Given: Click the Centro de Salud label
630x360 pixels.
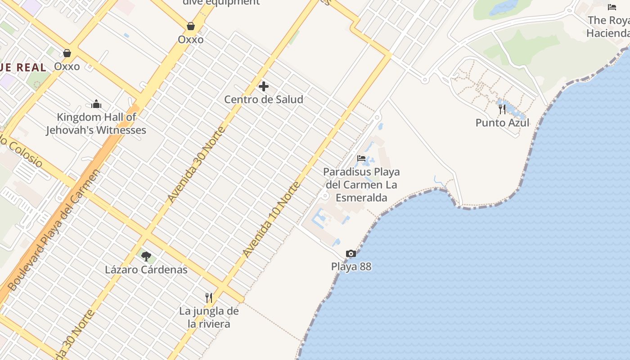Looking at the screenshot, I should pos(264,99).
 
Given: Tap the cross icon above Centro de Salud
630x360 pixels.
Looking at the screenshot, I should pos(264,86).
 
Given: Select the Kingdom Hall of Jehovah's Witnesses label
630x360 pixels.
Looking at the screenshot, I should pos(96,124).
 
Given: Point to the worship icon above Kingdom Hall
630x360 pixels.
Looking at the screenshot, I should pos(96,104).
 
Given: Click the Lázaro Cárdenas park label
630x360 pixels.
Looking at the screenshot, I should pos(146,270).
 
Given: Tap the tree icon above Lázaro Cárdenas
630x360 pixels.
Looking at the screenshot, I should pos(146,256).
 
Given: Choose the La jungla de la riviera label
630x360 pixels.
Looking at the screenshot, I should pos(209,317).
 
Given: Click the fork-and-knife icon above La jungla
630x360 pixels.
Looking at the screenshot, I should pos(209,297).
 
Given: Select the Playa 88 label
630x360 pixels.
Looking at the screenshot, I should pos(351,266).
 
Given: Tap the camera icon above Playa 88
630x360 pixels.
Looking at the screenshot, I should pos(351,253).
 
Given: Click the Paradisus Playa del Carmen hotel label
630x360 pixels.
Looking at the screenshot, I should pos(361,184).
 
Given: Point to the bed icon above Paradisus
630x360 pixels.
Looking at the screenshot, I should pos(361,158).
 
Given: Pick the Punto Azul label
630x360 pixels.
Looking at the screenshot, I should pos(503,122).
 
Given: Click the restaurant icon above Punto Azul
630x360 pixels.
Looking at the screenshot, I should pos(502,109).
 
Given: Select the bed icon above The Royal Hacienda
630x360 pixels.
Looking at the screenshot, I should pos(612,7).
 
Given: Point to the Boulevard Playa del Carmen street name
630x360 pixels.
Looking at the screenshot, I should pos(54,229).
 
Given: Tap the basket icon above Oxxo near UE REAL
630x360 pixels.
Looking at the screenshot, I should pos(67,53).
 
